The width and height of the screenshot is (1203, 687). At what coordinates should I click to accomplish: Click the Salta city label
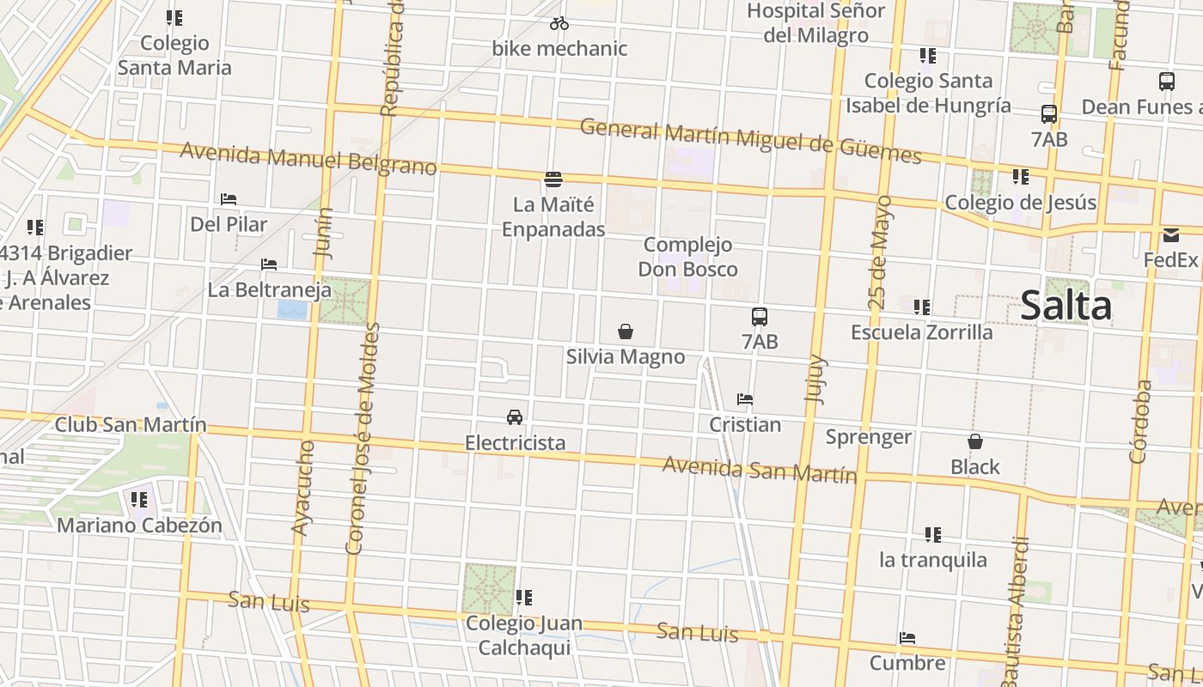[1066, 307]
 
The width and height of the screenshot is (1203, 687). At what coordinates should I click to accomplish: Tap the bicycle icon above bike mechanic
[559, 23]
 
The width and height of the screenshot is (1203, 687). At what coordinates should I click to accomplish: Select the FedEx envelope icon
[1171, 235]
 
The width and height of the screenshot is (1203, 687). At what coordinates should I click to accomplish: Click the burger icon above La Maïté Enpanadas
[553, 179]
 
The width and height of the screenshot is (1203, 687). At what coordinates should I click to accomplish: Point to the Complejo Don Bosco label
[687, 257]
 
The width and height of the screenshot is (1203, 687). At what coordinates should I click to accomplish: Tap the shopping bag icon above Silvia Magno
[626, 331]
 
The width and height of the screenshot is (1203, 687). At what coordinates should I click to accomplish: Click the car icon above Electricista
[515, 417]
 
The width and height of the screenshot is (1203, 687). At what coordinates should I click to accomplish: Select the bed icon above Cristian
[745, 399]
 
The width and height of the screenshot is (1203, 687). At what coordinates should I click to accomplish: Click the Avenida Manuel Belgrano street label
[308, 160]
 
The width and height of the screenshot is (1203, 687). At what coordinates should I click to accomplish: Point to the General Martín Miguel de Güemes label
[750, 142]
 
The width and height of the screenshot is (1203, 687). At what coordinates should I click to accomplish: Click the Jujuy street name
[815, 379]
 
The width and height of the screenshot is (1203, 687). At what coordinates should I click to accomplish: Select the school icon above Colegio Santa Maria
[174, 18]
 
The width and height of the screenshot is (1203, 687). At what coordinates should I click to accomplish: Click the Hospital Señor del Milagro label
[815, 23]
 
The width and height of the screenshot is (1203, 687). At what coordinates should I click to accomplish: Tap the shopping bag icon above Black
[975, 442]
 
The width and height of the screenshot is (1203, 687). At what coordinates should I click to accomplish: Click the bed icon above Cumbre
[907, 638]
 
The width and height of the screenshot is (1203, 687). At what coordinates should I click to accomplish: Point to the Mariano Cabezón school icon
[139, 500]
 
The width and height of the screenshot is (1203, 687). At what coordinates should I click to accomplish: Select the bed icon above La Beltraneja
[269, 264]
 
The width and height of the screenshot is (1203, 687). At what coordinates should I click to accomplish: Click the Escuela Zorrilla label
[921, 332]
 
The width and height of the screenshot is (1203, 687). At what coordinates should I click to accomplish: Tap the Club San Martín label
[131, 424]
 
